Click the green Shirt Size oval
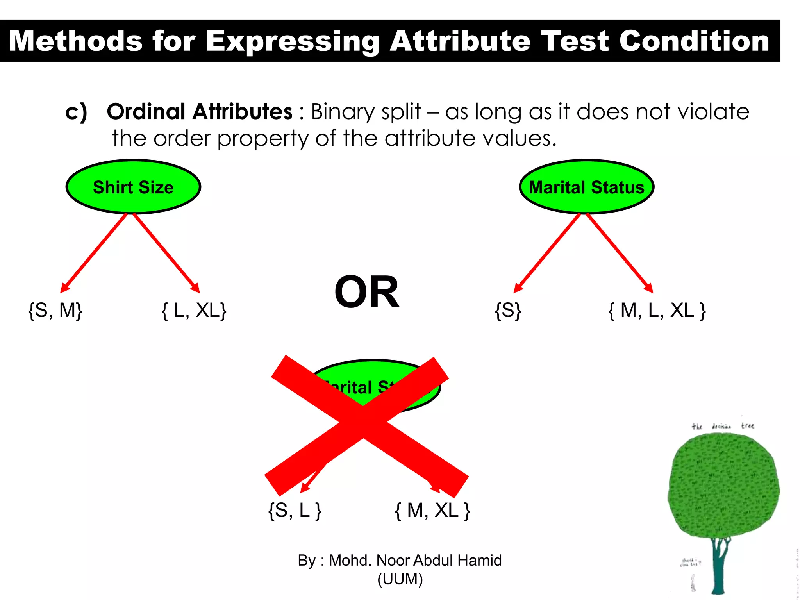pos(133,187)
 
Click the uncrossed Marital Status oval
pos(586,187)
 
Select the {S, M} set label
pos(55,311)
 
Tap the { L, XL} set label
pos(194,311)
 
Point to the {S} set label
pos(508,311)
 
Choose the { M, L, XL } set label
pos(657,311)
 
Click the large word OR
pos(367,292)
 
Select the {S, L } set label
pos(295,510)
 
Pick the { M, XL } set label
pos(432,510)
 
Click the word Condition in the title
pos(694,41)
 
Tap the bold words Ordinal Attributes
pos(199,112)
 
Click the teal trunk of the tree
pos(718,570)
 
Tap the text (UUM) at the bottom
pos(400,579)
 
